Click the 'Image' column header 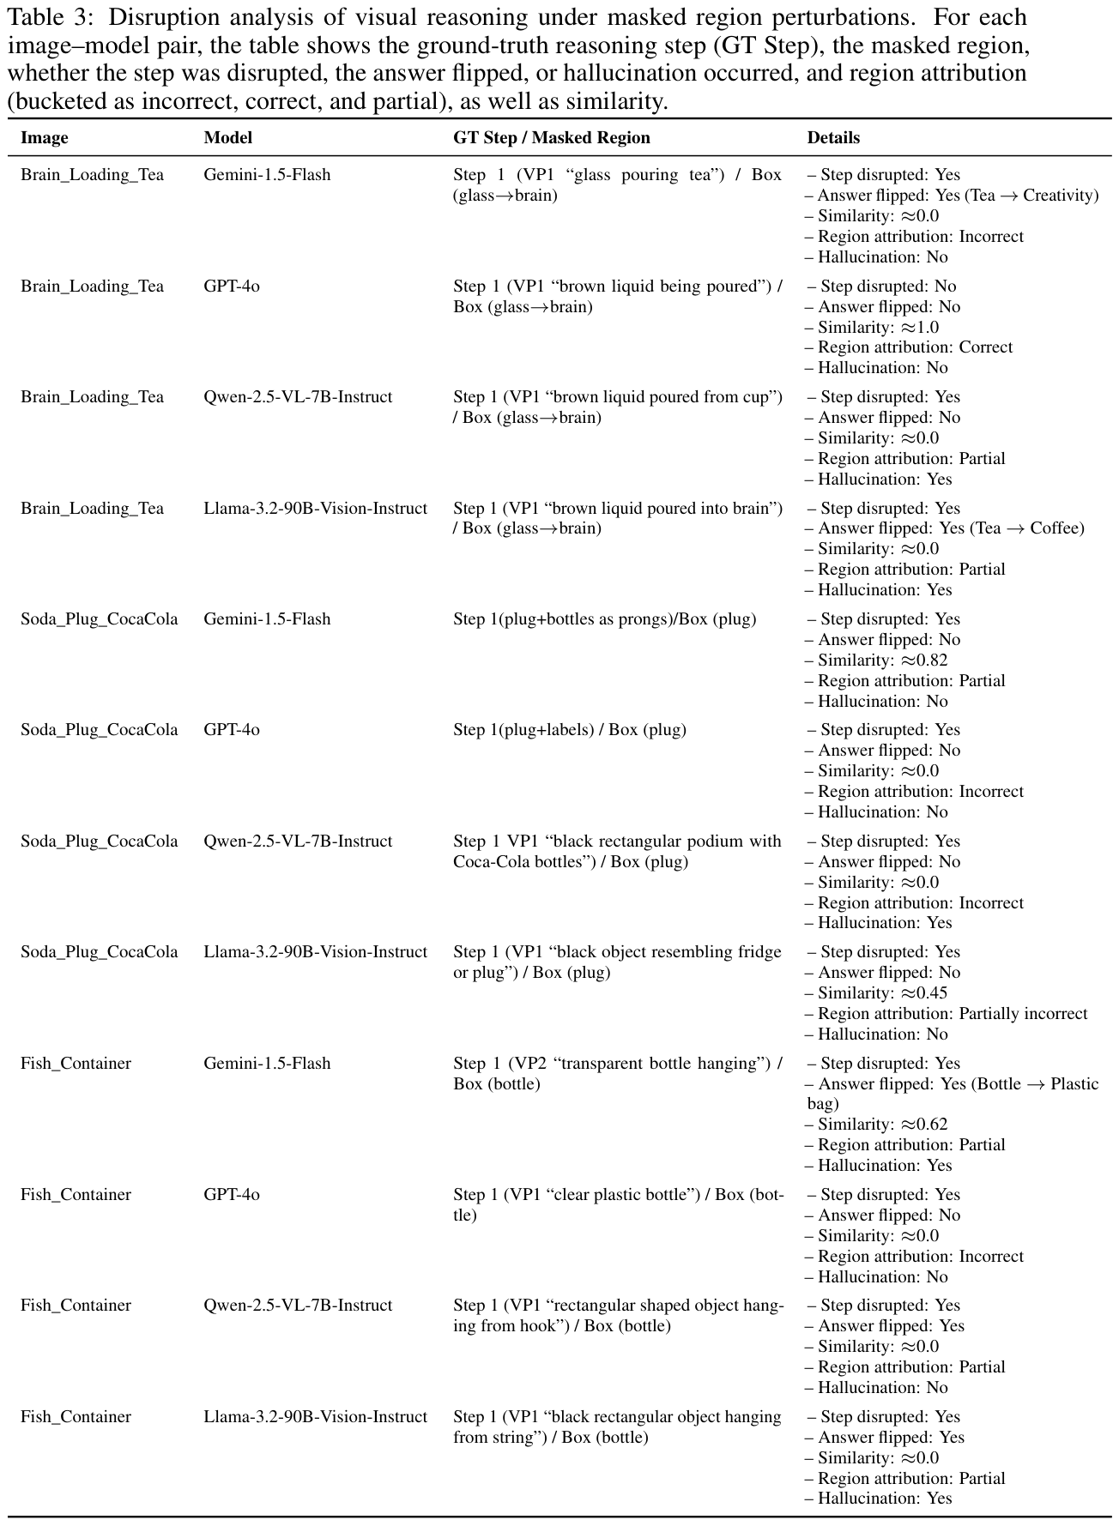pos(45,138)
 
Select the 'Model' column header pos(228,138)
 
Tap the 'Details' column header pos(833,138)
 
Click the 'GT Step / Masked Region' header pos(552,138)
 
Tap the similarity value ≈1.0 pos(919,328)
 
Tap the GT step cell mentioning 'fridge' pos(617,962)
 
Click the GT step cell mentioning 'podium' pos(617,852)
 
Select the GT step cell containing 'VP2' pos(617,1074)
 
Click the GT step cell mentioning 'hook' pos(617,1316)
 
